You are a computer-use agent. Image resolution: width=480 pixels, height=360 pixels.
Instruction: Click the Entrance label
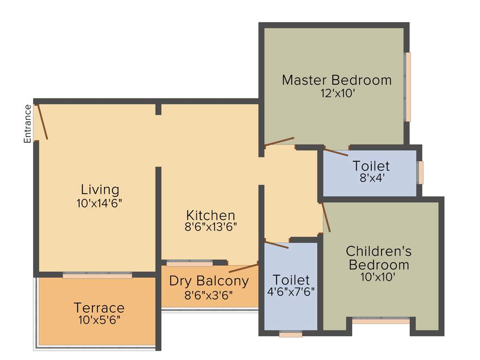pyautogui.click(x=28, y=124)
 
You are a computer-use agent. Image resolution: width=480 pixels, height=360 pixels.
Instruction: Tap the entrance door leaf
pyautogui.click(x=42, y=121)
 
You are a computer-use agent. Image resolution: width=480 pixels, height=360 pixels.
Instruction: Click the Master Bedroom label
pyautogui.click(x=337, y=80)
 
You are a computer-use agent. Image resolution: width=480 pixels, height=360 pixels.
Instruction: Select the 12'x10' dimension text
pyautogui.click(x=337, y=93)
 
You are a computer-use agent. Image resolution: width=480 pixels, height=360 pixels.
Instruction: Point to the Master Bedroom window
pyautogui.click(x=408, y=87)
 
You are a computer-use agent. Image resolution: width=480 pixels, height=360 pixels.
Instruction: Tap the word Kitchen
pyautogui.click(x=210, y=215)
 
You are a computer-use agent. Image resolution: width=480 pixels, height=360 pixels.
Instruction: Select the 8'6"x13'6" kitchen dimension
pyautogui.click(x=210, y=227)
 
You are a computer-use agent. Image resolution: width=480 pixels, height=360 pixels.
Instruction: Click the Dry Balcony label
pyautogui.click(x=209, y=281)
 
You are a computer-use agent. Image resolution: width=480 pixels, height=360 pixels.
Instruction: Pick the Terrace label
pyautogui.click(x=99, y=308)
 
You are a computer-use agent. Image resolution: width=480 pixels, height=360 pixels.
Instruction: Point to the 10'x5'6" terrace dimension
pyautogui.click(x=99, y=320)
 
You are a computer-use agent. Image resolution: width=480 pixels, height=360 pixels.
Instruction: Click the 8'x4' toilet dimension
pyautogui.click(x=371, y=178)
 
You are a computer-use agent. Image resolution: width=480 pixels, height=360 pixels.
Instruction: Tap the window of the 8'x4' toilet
pyautogui.click(x=420, y=172)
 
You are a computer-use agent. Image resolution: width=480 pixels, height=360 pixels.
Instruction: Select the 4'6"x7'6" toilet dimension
pyautogui.click(x=291, y=292)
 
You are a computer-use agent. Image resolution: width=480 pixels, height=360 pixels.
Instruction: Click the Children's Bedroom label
pyautogui.click(x=379, y=258)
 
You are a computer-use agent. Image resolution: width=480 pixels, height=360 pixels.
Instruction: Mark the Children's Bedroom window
pyautogui.click(x=381, y=321)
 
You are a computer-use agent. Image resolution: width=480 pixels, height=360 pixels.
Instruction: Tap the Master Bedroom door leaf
pyautogui.click(x=279, y=142)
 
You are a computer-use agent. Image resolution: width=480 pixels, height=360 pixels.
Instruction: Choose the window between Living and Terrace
pyautogui.click(x=97, y=276)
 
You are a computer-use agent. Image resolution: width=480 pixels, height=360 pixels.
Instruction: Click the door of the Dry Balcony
pyautogui.click(x=243, y=268)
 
